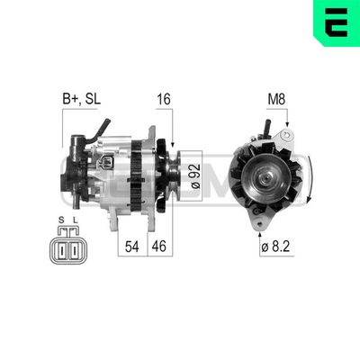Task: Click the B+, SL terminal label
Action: point(81,99)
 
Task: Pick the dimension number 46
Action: point(159,245)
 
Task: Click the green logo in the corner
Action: point(336,24)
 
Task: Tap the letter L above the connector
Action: point(76,219)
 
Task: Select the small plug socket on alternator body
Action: point(108,163)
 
